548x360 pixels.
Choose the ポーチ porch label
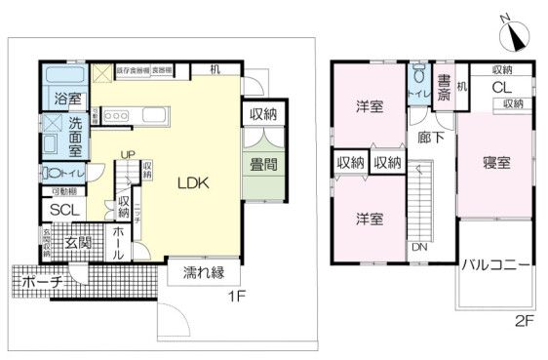(41, 282)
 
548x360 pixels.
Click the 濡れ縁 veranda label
(199, 274)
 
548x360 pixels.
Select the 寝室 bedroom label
(496, 163)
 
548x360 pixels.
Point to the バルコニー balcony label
(496, 264)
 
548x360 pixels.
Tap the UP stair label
(128, 155)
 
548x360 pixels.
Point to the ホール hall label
(116, 241)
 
